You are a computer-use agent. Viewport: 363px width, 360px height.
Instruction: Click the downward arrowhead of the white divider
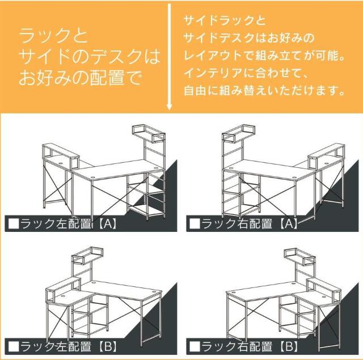[x=170, y=108]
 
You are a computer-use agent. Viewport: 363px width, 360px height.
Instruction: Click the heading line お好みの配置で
[x=79, y=77]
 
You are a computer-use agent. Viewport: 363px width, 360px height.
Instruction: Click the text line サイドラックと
[x=225, y=22]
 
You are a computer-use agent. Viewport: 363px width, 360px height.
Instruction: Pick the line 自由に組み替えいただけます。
[x=264, y=90]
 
